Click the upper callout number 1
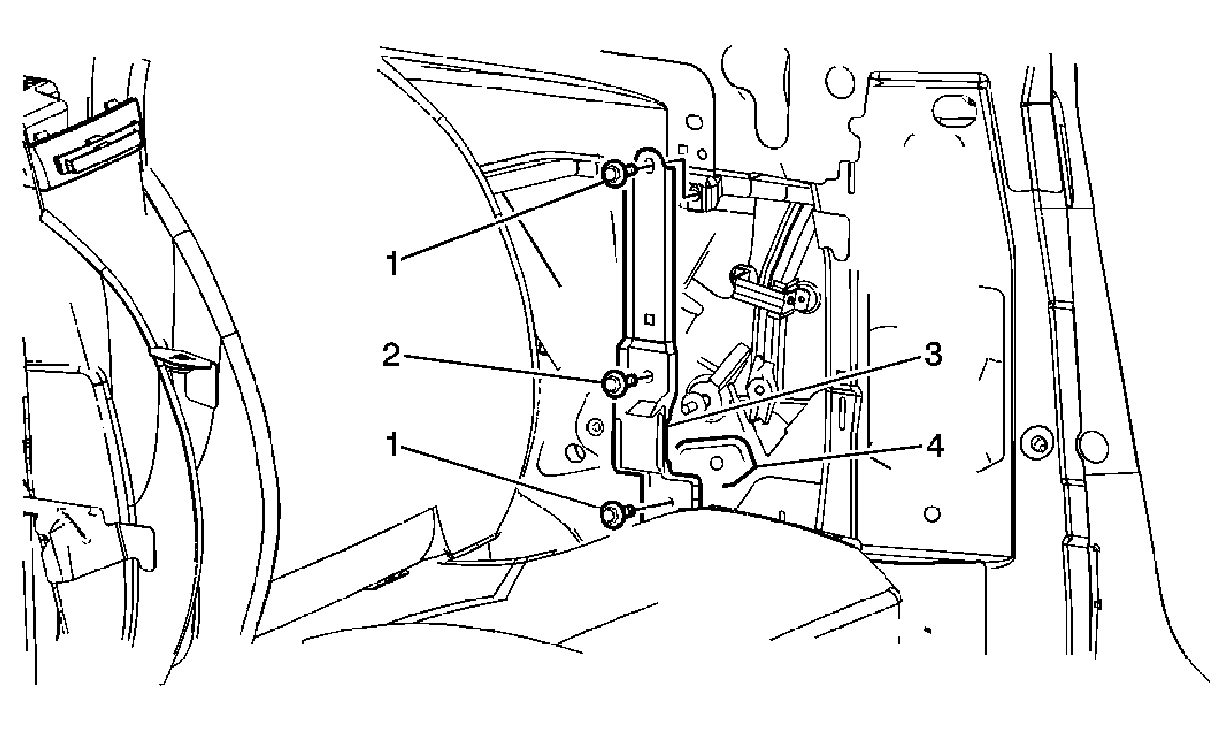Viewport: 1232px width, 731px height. (x=392, y=263)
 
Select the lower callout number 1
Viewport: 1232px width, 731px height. (x=392, y=444)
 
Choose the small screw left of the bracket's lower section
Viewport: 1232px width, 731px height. (x=594, y=427)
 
